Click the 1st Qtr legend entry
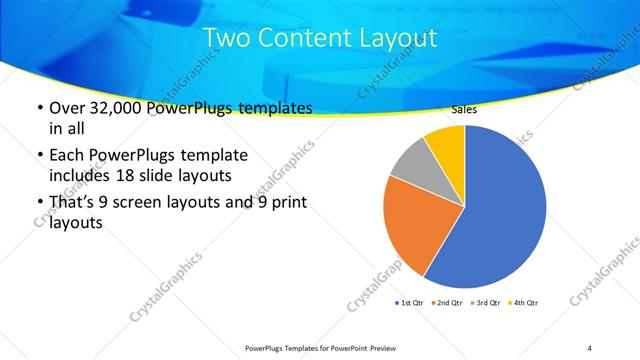point(410,302)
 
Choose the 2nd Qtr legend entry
point(447,302)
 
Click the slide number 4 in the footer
point(589,347)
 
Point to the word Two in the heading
point(226,39)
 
